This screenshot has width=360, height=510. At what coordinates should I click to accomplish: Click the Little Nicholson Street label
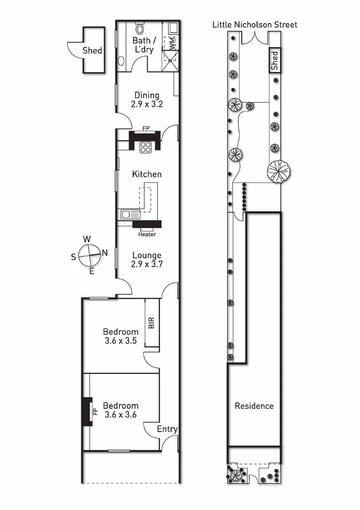(255, 25)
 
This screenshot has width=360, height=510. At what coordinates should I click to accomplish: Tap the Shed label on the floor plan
(92, 50)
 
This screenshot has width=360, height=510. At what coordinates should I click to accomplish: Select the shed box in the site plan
(275, 60)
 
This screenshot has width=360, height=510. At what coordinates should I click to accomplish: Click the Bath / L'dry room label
(142, 45)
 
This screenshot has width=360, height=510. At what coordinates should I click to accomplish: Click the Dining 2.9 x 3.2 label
(146, 100)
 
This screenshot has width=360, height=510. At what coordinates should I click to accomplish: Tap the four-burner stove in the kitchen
(145, 146)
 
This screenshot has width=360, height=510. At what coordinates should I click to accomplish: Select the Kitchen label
(147, 174)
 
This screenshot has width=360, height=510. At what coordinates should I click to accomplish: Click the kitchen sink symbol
(127, 214)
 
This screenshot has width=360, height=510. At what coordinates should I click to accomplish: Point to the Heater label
(147, 234)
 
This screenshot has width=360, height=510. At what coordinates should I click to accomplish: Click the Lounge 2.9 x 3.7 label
(147, 260)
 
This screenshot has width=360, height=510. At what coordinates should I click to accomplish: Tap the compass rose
(89, 255)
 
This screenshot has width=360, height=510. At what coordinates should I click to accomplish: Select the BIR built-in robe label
(151, 323)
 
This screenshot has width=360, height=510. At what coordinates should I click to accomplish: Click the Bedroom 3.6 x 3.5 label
(121, 336)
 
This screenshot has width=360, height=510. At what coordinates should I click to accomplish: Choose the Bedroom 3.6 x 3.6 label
(121, 410)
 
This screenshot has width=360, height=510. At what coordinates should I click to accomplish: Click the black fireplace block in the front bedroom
(87, 412)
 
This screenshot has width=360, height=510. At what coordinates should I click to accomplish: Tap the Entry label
(167, 429)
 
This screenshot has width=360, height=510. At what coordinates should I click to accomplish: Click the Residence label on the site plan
(254, 406)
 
